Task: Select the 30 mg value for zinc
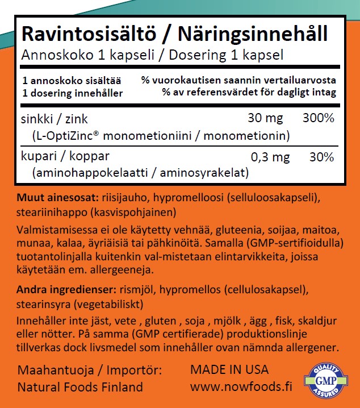[x=266, y=119]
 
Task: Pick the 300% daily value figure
[x=318, y=119]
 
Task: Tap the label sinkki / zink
[x=54, y=120]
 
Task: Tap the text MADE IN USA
[x=229, y=369]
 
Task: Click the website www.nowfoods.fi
[x=241, y=387]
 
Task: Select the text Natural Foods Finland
[x=80, y=388]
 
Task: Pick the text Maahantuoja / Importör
[x=90, y=370]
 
